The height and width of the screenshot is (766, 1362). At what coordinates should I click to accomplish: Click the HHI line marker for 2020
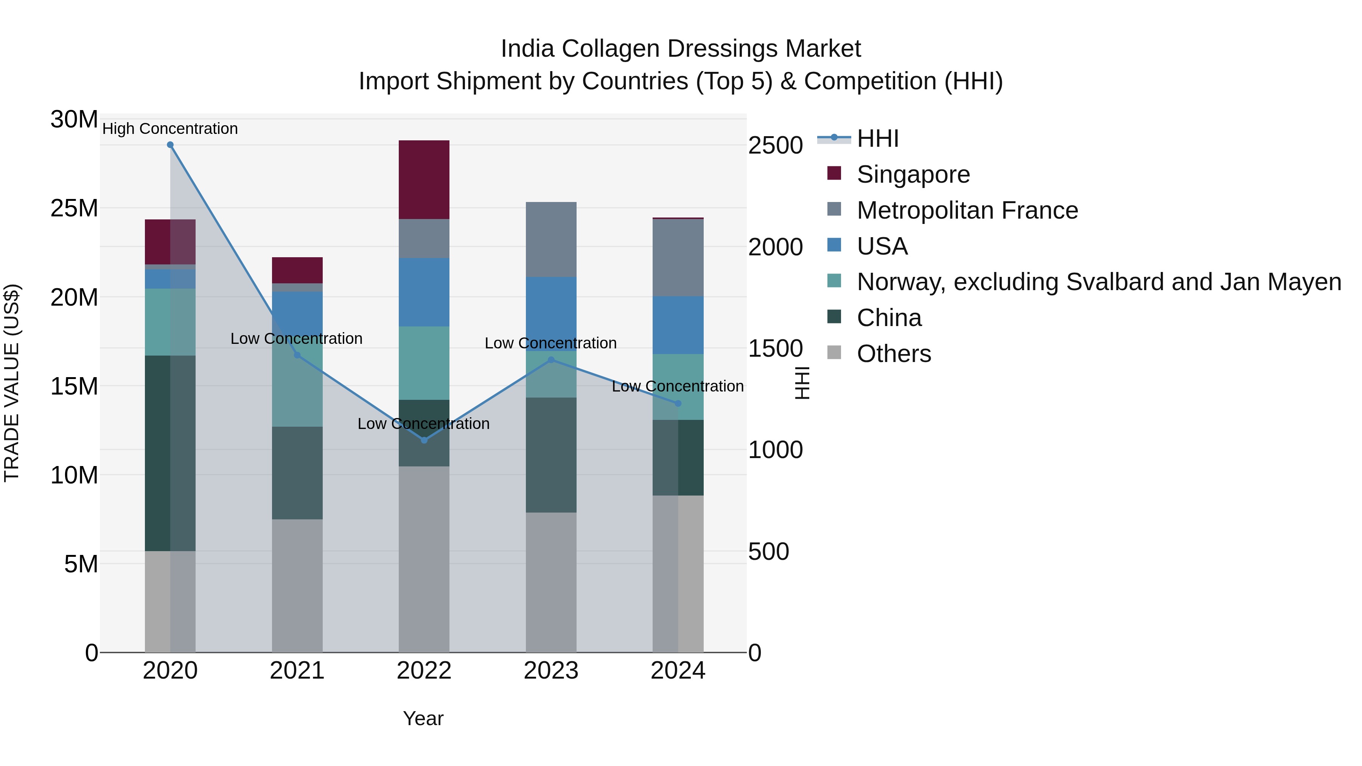170,145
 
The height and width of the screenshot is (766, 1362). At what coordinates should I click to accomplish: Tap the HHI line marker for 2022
424,440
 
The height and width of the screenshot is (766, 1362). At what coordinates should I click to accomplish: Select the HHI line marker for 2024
678,403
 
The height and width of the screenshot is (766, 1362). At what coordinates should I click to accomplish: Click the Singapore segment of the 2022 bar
424,180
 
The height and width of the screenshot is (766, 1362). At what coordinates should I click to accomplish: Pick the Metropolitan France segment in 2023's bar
551,239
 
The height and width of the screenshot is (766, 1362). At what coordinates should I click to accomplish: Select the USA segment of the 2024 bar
678,325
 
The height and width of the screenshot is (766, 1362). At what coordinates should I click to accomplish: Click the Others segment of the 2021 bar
297,586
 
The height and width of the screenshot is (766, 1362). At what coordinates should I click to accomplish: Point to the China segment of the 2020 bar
170,453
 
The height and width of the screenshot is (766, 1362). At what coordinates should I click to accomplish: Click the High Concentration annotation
170,129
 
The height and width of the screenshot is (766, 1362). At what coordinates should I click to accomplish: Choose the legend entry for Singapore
913,174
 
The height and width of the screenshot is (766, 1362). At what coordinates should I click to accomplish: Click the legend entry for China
889,318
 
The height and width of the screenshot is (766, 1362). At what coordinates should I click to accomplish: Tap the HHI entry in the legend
878,138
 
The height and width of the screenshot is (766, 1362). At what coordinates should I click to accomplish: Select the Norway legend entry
1099,282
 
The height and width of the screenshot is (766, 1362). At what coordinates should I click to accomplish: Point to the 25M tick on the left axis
74,208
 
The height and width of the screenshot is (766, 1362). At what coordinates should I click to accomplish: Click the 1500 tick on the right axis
775,348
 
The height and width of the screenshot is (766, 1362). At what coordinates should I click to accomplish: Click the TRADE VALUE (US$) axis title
12,383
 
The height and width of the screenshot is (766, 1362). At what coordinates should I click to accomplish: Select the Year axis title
423,718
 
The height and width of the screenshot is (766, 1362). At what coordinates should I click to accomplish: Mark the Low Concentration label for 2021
297,339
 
